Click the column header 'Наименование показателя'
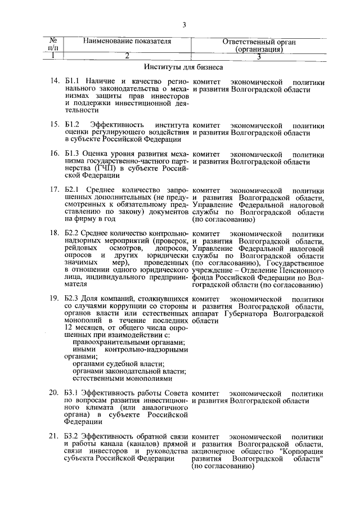click(127, 42)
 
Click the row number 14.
click(55, 82)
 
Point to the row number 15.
click(55, 124)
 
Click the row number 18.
click(55, 233)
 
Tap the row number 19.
click(55, 298)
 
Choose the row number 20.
click(55, 392)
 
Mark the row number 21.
click(55, 436)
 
